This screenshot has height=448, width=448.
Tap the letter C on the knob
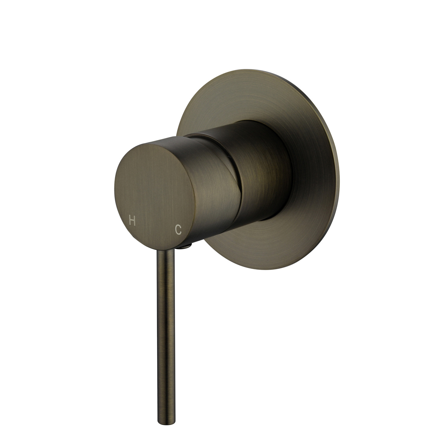[178, 229]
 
